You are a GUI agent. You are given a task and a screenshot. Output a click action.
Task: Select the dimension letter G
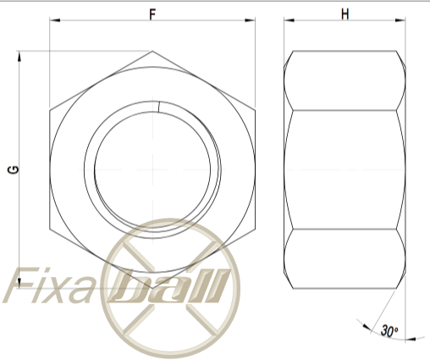[x=14, y=169]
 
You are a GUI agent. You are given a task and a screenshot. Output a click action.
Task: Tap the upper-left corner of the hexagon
[x=50, y=109]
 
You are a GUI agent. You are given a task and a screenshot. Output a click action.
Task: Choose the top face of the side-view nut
[x=344, y=80]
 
